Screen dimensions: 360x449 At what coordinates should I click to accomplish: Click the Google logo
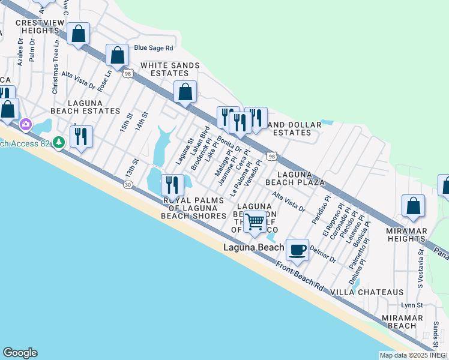[20, 353]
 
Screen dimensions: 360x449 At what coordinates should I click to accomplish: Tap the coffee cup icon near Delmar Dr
[297, 248]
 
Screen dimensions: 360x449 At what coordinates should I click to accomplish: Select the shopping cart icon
[255, 221]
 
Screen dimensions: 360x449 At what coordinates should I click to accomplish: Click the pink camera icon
[26, 124]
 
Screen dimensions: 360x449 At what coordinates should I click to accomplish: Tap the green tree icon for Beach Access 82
[59, 143]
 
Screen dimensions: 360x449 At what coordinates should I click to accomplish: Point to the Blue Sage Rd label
[154, 48]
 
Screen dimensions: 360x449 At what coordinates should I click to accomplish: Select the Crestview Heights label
[37, 26]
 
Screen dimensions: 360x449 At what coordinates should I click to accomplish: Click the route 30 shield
[128, 185]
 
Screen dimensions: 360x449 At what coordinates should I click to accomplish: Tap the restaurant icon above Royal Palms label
[172, 185]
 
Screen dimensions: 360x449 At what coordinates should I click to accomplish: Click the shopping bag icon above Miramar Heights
[413, 206]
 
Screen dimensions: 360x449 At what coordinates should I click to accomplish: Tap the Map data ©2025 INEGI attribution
[412, 355]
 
